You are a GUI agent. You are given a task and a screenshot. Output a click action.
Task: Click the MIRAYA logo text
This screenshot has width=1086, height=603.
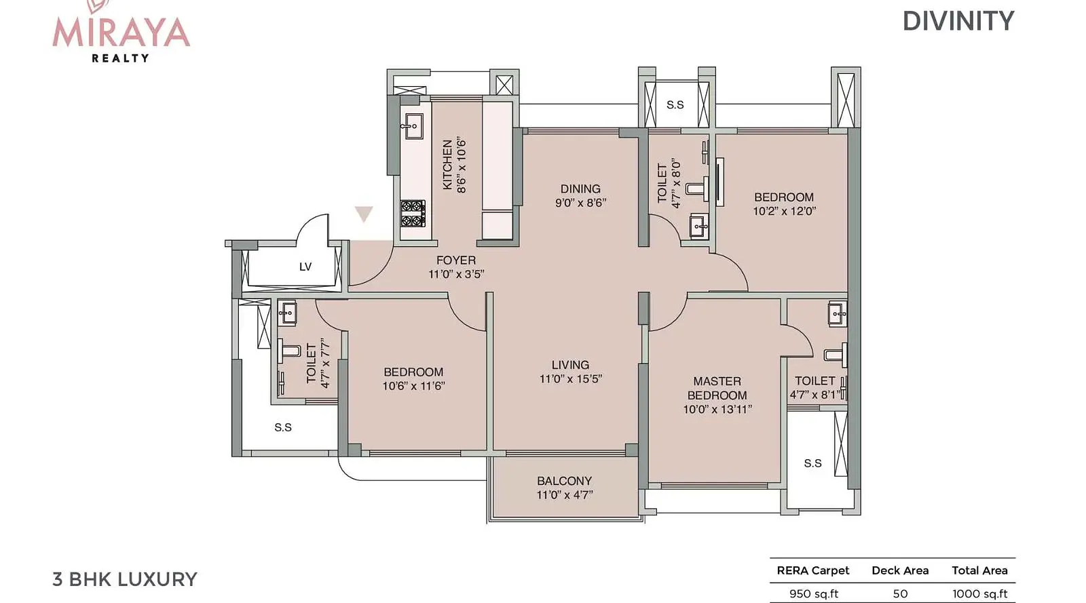(121, 33)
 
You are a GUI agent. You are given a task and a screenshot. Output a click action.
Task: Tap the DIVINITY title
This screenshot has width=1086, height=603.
(958, 21)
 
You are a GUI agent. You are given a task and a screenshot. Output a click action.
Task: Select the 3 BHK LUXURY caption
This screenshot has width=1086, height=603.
(125, 579)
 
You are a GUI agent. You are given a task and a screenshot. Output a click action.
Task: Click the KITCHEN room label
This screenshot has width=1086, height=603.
(447, 165)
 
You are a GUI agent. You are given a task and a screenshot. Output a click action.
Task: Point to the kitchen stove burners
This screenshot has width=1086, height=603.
(413, 214)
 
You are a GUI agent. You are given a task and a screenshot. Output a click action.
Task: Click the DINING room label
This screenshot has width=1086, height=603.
(580, 189)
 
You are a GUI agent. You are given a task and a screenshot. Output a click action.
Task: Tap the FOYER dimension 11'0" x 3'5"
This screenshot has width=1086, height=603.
(456, 274)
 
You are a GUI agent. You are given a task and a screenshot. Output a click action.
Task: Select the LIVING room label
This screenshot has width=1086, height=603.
(570, 365)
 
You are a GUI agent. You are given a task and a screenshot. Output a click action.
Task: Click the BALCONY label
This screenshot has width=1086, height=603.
(564, 481)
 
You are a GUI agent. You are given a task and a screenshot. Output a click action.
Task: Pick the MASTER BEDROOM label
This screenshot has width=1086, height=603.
(717, 388)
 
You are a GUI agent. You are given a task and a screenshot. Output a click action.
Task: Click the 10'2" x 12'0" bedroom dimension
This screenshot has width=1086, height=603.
(784, 211)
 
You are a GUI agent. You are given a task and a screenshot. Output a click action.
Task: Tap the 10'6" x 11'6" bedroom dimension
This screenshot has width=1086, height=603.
(413, 386)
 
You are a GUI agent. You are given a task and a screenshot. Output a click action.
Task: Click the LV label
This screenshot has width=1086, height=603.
(305, 267)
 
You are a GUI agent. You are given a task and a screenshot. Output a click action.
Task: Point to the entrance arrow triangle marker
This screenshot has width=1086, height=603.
(364, 213)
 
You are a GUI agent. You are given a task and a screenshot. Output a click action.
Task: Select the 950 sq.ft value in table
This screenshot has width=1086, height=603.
(814, 594)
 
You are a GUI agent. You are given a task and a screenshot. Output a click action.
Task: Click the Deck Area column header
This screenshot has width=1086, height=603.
(900, 570)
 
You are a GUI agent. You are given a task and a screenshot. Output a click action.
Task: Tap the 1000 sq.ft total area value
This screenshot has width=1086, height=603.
(980, 594)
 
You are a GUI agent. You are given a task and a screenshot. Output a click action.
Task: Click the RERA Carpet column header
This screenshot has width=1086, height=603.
(813, 570)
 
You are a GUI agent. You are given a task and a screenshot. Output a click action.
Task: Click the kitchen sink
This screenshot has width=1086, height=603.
(413, 126)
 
